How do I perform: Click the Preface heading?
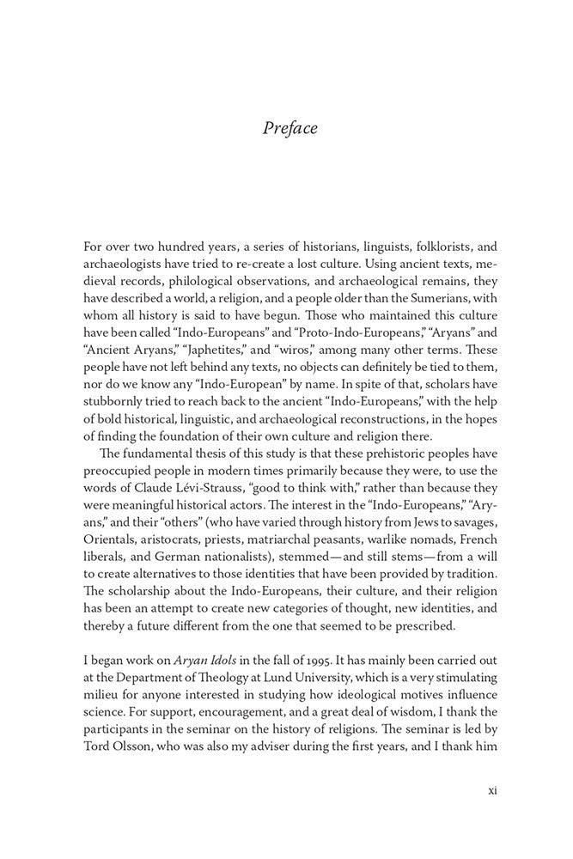tap(290, 128)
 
